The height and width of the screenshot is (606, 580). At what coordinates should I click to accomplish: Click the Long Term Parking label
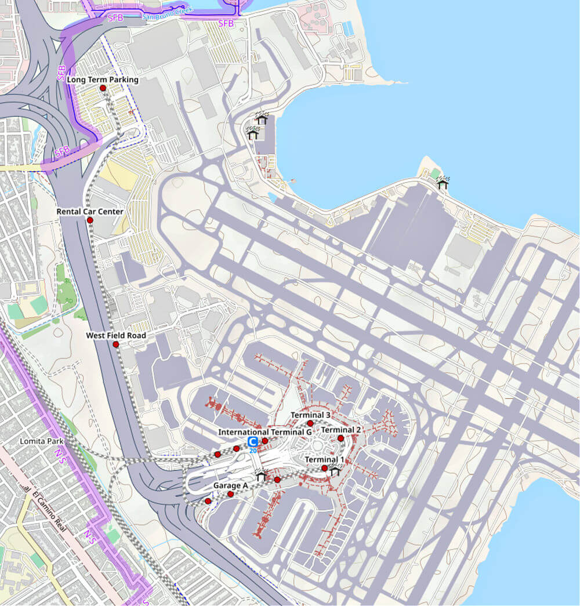click(103, 79)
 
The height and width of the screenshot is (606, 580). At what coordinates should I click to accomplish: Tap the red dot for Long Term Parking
click(103, 88)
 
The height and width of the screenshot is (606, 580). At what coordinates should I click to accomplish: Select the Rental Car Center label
click(90, 212)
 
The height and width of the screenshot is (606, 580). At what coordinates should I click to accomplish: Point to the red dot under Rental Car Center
click(90, 220)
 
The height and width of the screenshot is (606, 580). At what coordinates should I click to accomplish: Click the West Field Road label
click(116, 336)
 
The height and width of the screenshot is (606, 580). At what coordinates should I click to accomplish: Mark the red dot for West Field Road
click(116, 344)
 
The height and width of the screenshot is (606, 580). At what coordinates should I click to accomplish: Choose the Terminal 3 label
click(310, 415)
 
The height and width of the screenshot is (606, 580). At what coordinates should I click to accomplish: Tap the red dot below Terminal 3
click(310, 423)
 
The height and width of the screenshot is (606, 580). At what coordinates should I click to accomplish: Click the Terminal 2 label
click(341, 430)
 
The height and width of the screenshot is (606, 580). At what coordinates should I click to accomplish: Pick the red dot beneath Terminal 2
click(341, 438)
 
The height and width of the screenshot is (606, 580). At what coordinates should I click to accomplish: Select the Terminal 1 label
click(325, 460)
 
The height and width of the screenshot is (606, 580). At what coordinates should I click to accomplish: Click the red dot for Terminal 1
click(325, 468)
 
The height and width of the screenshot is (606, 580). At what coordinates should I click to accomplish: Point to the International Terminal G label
click(265, 432)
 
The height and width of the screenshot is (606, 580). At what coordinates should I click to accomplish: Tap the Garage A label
click(230, 485)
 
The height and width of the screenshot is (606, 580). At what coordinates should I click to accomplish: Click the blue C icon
click(253, 442)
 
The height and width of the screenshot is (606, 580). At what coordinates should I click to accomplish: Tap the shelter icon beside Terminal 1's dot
click(335, 471)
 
